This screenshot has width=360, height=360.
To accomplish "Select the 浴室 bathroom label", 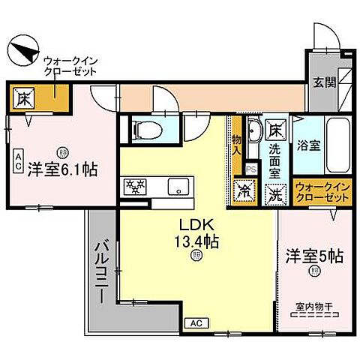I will click(309, 145).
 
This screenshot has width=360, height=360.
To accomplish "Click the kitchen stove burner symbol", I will click(134, 185).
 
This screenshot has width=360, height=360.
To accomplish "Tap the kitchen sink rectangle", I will click(178, 186).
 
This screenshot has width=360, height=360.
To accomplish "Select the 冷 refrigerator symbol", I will click(244, 190).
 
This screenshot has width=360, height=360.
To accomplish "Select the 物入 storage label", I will click(237, 144).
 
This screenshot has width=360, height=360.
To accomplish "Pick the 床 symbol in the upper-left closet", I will click(23, 97).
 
